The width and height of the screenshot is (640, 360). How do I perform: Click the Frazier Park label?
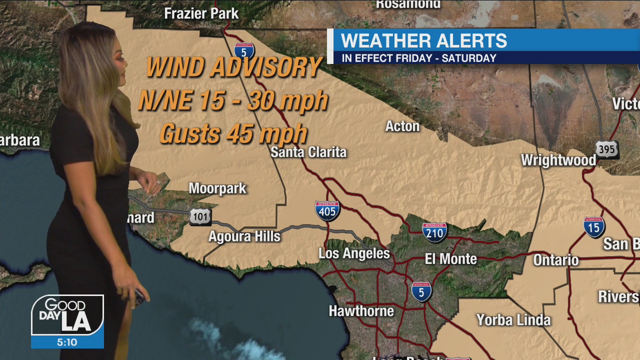pos(201,13)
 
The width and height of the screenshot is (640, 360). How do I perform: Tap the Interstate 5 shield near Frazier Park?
pos(244,50)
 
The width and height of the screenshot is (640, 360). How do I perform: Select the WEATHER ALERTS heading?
pos(423,40)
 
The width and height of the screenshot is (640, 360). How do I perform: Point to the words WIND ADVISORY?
pos(234,67)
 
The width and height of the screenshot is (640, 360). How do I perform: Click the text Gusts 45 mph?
pos(233,133)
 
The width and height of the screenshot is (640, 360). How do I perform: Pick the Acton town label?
pos(402,126)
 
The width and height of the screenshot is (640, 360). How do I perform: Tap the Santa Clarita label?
pos(308,152)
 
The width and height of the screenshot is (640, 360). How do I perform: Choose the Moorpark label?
pos(217,188)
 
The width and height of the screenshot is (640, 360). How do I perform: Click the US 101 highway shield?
pos(200,216)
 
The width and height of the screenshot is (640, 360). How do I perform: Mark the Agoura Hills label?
pos(244,236)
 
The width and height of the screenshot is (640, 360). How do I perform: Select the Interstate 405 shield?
pos(327,210)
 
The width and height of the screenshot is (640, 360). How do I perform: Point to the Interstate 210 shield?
pos(434,232)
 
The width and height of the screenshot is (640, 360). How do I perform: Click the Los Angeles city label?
pos(354,253)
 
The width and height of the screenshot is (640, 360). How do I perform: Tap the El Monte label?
pos(450,259)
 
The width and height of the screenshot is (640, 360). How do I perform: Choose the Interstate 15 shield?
pos(594,227)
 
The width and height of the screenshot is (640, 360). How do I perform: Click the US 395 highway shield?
pos(607,149)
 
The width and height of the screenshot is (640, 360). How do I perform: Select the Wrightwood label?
pos(558,160)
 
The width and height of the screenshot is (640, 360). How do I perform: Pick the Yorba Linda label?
pos(513,320)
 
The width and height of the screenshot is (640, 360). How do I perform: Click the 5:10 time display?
pos(67,342)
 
